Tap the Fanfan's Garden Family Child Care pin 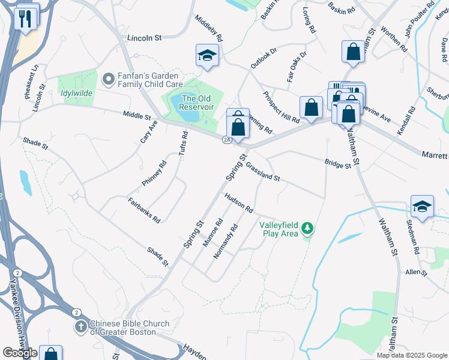pyautogui.click(x=109, y=79)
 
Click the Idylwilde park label pyautogui.click(x=77, y=93)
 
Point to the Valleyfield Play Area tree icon pyautogui.click(x=307, y=228)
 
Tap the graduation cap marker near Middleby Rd pyautogui.click(x=207, y=56)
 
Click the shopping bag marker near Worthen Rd pyautogui.click(x=353, y=52)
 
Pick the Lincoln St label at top pyautogui.click(x=145, y=37)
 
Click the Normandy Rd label pyautogui.click(x=227, y=241)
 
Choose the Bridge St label pyautogui.click(x=337, y=164)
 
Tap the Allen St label pyautogui.click(x=415, y=272)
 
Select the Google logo pyautogui.click(x=20, y=353)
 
